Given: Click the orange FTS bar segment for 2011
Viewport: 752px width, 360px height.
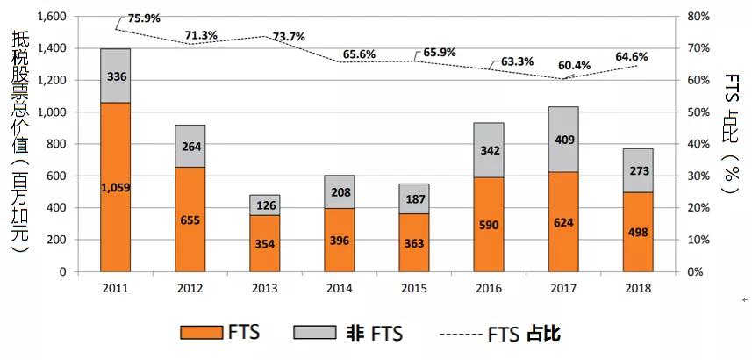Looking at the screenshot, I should click(116, 187).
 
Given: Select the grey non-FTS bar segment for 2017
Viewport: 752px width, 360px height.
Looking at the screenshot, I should click(563, 139).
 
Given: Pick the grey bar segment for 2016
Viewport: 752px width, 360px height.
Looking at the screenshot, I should click(489, 149).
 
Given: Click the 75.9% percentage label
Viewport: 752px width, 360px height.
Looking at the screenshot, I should click(142, 18).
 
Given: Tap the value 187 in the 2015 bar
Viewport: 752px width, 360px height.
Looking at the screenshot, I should click(414, 198).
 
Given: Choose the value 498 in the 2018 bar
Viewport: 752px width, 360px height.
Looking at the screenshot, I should click(638, 231).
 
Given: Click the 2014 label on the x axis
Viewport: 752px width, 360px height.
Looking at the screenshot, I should click(340, 287).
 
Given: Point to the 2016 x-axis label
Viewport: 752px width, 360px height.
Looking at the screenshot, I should click(489, 287).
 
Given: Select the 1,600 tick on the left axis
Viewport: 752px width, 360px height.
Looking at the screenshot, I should click(53, 17).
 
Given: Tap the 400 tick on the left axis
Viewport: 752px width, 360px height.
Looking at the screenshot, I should click(58, 208).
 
